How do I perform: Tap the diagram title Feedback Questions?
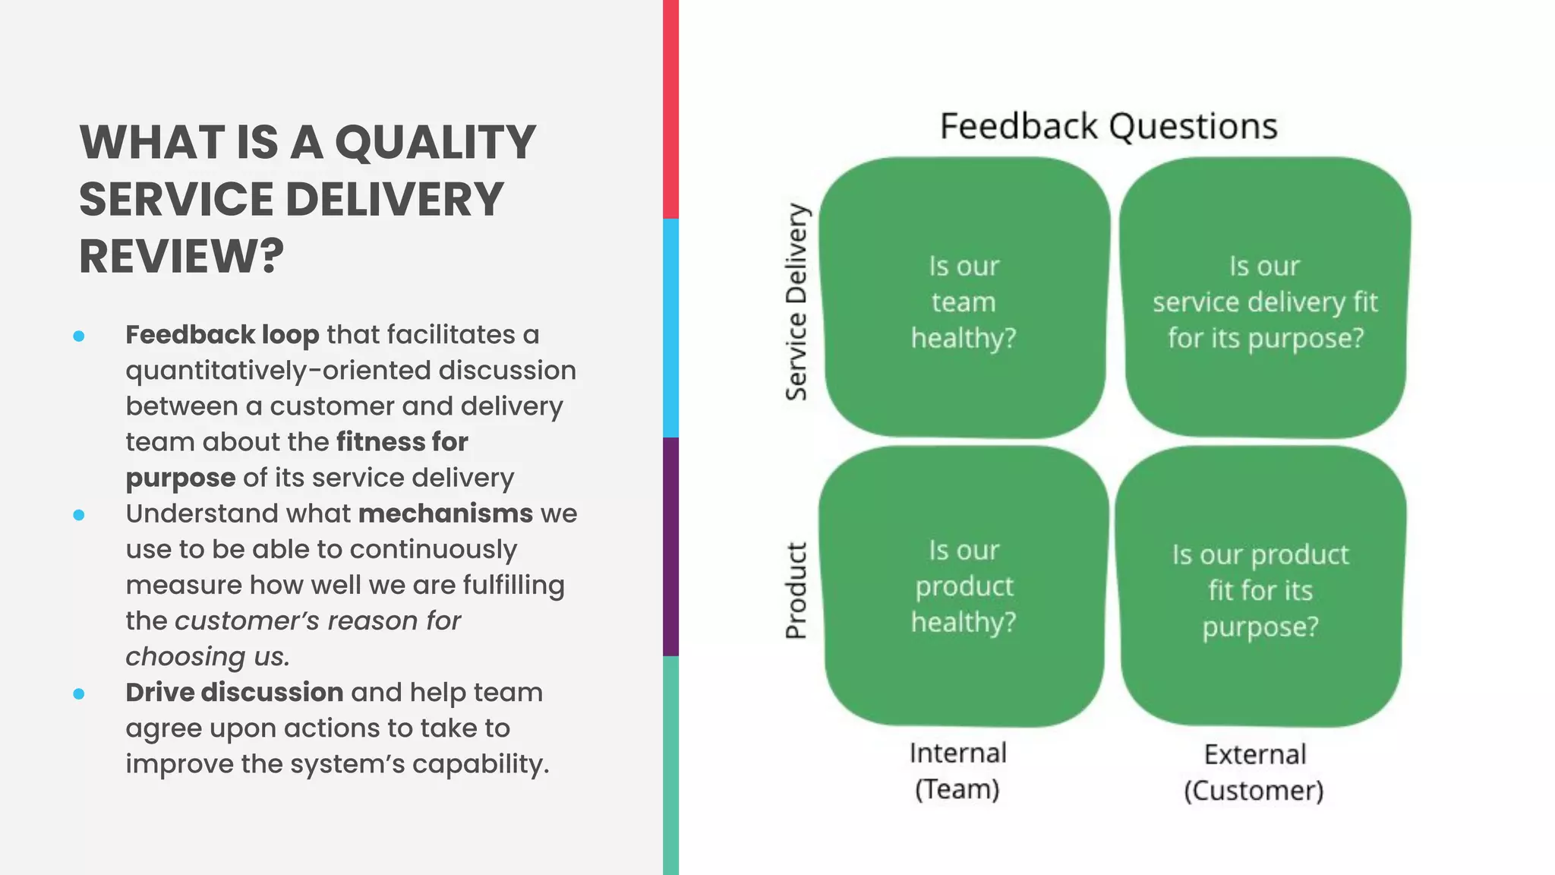(1109, 126)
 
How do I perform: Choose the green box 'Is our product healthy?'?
(964, 586)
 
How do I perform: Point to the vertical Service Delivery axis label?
(796, 302)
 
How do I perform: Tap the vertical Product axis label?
(796, 590)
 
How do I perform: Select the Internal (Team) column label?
(957, 770)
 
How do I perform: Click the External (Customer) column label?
(1254, 772)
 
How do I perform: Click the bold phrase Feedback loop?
(222, 334)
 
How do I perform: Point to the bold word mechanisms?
(445, 513)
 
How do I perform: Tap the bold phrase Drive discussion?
(234, 692)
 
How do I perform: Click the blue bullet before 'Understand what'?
(79, 515)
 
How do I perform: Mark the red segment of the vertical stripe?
(670, 109)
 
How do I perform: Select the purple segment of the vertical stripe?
(670, 547)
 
